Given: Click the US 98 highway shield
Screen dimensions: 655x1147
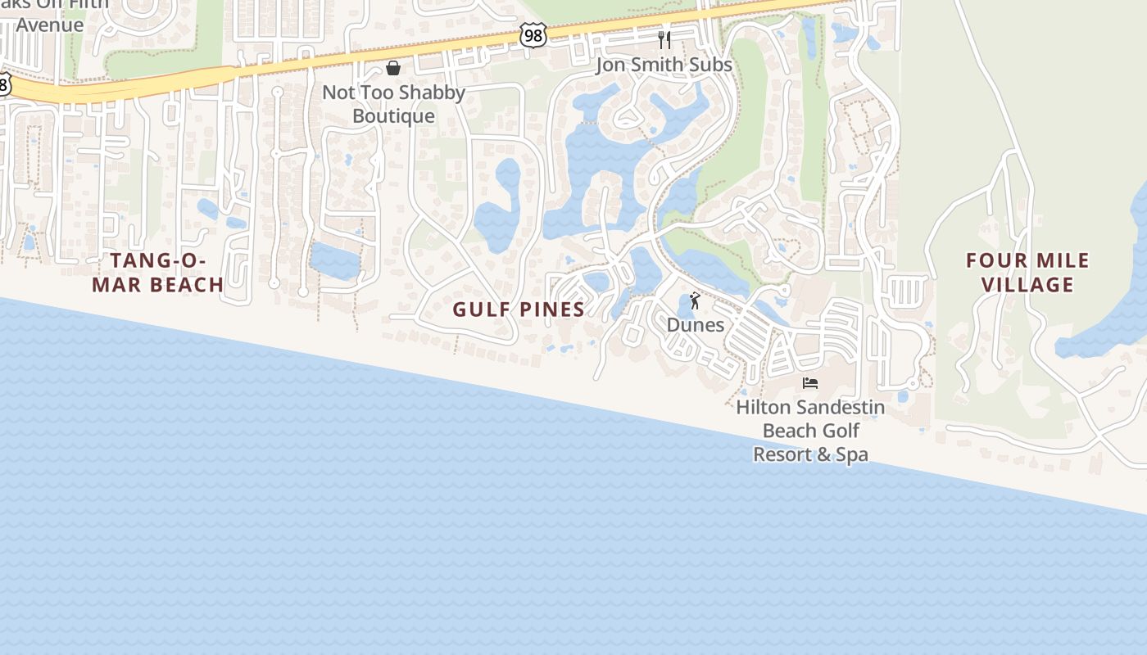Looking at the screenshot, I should [533, 35].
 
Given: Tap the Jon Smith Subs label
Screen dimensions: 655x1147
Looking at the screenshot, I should [664, 65].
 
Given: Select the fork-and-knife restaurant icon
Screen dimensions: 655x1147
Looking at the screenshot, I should [664, 39].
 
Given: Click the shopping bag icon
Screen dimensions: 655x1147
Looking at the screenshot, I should [393, 68].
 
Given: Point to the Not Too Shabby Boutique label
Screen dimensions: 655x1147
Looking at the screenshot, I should [393, 104].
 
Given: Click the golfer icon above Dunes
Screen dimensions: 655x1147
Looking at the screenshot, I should [695, 301].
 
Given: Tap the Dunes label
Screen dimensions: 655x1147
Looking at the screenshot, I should [695, 325].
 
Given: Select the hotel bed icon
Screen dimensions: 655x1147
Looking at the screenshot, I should [810, 383].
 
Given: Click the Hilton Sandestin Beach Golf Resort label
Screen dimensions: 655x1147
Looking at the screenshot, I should [810, 431].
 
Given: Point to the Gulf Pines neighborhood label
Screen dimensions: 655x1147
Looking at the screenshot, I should [519, 309].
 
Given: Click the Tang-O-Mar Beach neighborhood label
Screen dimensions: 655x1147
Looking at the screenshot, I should [157, 273].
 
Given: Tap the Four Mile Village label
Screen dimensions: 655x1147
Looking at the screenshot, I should [1027, 273].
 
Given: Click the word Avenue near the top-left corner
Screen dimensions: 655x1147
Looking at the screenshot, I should [50, 25].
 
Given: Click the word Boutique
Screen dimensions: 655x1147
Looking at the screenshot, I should [393, 116].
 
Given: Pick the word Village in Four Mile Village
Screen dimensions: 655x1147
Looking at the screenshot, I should [1027, 285].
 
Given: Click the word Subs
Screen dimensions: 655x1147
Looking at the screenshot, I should [710, 65].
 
